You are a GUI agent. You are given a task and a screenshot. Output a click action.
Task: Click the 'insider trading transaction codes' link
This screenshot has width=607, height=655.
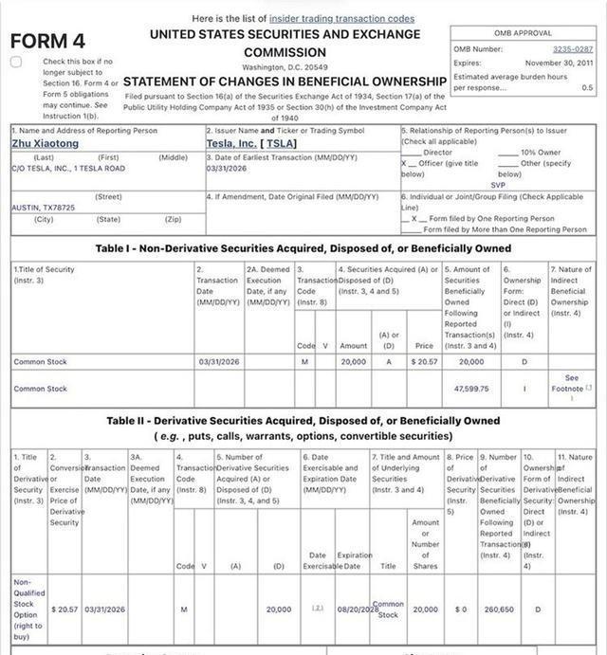click(341, 18)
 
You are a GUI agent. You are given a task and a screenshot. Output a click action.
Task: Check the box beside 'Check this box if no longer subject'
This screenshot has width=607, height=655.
click(16, 62)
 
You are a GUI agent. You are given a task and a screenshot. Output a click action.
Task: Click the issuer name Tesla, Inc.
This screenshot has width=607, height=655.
click(231, 143)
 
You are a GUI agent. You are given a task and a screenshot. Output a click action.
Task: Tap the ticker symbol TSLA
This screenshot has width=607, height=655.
click(281, 143)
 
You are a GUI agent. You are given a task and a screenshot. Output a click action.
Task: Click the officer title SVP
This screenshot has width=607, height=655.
click(498, 185)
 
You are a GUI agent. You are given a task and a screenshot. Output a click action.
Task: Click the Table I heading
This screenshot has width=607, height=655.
click(303, 248)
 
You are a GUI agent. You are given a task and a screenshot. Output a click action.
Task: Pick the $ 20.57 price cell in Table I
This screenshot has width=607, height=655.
click(423, 361)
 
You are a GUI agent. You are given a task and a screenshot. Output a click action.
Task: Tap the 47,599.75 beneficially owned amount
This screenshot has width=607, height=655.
click(471, 389)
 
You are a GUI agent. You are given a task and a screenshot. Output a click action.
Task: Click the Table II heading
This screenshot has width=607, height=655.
click(303, 421)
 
